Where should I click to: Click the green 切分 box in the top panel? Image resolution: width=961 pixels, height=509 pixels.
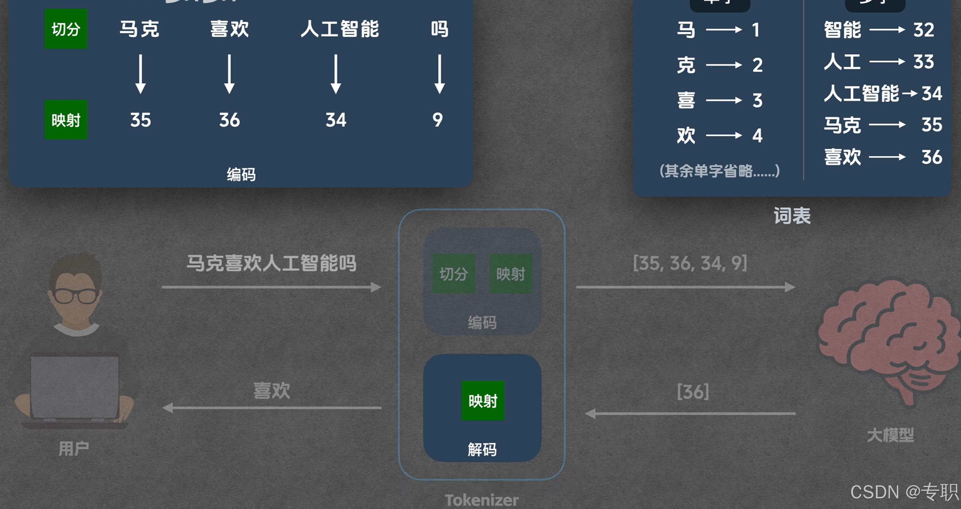(66, 29)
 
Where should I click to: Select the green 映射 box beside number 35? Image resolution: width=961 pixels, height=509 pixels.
(66, 120)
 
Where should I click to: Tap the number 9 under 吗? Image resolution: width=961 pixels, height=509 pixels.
(438, 120)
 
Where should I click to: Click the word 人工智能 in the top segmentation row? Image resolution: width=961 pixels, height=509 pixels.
(339, 29)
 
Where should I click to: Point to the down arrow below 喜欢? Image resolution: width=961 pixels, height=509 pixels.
(229, 74)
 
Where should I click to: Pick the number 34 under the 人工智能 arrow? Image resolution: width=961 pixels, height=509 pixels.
(336, 120)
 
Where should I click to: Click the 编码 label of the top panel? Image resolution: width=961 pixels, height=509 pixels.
(241, 174)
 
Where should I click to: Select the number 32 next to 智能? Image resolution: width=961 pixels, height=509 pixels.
(924, 30)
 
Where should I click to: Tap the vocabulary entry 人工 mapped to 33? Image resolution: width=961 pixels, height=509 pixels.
(842, 62)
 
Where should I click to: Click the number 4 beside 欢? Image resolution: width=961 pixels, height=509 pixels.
(757, 135)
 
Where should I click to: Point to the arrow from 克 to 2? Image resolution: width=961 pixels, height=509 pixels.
(724, 65)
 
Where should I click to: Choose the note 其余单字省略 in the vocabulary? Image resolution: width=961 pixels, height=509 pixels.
(719, 171)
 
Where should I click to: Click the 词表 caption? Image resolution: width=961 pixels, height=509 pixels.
(792, 216)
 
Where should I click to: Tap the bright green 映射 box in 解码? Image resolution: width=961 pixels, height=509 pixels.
(483, 401)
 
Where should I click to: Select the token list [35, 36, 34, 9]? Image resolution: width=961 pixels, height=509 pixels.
(690, 263)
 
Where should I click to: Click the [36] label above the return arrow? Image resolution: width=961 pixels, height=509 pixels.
(693, 392)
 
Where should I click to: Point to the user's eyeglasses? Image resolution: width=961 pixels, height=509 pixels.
(76, 296)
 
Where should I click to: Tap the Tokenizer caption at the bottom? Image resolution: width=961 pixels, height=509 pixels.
(482, 500)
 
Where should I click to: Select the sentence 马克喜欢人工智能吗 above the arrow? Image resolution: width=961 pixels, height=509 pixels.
(271, 263)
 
